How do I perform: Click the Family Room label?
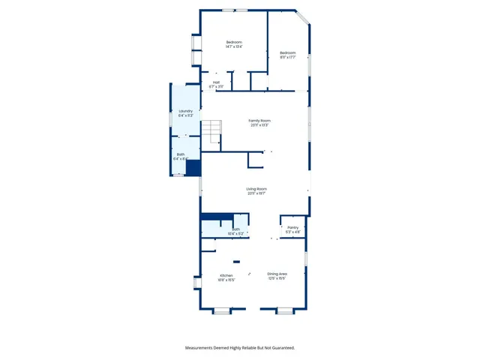[259, 121]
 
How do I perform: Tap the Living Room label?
[256, 189]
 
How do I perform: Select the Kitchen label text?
[226, 275]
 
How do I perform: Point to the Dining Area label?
[277, 274]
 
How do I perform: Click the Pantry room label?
[292, 227]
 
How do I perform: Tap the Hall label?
[216, 82]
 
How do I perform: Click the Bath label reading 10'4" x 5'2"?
[235, 229]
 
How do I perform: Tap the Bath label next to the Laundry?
[180, 154]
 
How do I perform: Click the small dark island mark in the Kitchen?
[236, 262]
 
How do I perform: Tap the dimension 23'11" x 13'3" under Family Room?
[259, 125]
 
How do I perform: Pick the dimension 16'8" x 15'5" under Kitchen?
[226, 280]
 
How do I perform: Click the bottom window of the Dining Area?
[284, 310]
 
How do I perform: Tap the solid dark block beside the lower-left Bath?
[193, 168]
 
